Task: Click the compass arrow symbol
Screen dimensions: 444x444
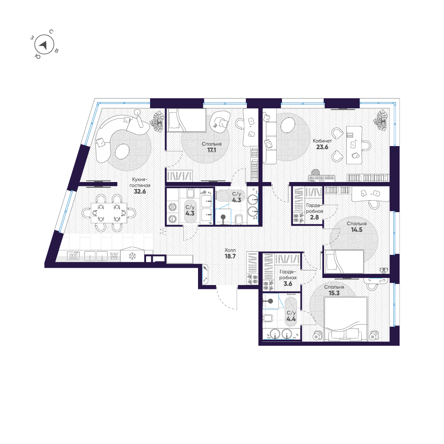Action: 44,44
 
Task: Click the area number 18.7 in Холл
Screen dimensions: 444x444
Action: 230,257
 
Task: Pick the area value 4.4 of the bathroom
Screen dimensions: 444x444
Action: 291,318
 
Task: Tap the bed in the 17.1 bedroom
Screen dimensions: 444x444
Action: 186,120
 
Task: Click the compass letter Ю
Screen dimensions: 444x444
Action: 37,56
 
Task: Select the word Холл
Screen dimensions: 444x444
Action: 230,250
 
